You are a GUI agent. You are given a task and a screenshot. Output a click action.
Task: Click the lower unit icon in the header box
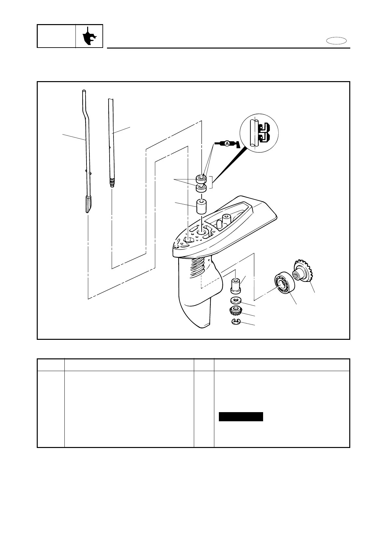pyautogui.click(x=89, y=36)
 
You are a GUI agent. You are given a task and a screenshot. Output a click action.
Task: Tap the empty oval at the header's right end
pyautogui.click(x=337, y=41)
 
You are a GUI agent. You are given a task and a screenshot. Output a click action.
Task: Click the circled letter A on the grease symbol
pyautogui.click(x=226, y=144)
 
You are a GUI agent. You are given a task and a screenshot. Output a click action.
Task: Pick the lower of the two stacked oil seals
pyautogui.click(x=201, y=188)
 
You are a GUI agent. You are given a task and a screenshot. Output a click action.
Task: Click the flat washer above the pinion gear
pyautogui.click(x=235, y=300)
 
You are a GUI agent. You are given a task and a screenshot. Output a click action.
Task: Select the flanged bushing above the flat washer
pyautogui.click(x=235, y=284)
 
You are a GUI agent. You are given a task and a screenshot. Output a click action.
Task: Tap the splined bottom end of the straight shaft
pyautogui.click(x=112, y=182)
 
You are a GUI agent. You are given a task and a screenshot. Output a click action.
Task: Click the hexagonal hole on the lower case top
pyautogui.click(x=188, y=239)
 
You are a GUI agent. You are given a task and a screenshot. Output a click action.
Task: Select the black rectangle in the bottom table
pyautogui.click(x=241, y=417)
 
